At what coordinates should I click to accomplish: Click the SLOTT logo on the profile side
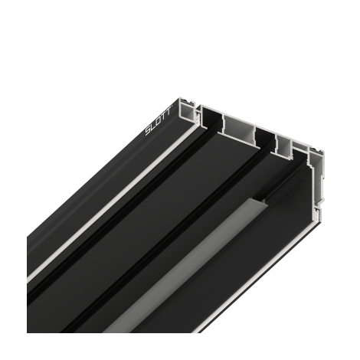pyautogui.click(x=159, y=121)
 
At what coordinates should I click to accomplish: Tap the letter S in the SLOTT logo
pyautogui.click(x=149, y=131)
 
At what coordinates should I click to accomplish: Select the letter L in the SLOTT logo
pyautogui.click(x=153, y=126)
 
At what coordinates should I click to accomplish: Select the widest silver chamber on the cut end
pyautogui.click(x=238, y=129)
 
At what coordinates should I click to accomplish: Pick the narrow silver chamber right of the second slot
pyautogui.click(x=283, y=146)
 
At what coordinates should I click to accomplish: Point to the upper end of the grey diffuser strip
pyautogui.click(x=259, y=201)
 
